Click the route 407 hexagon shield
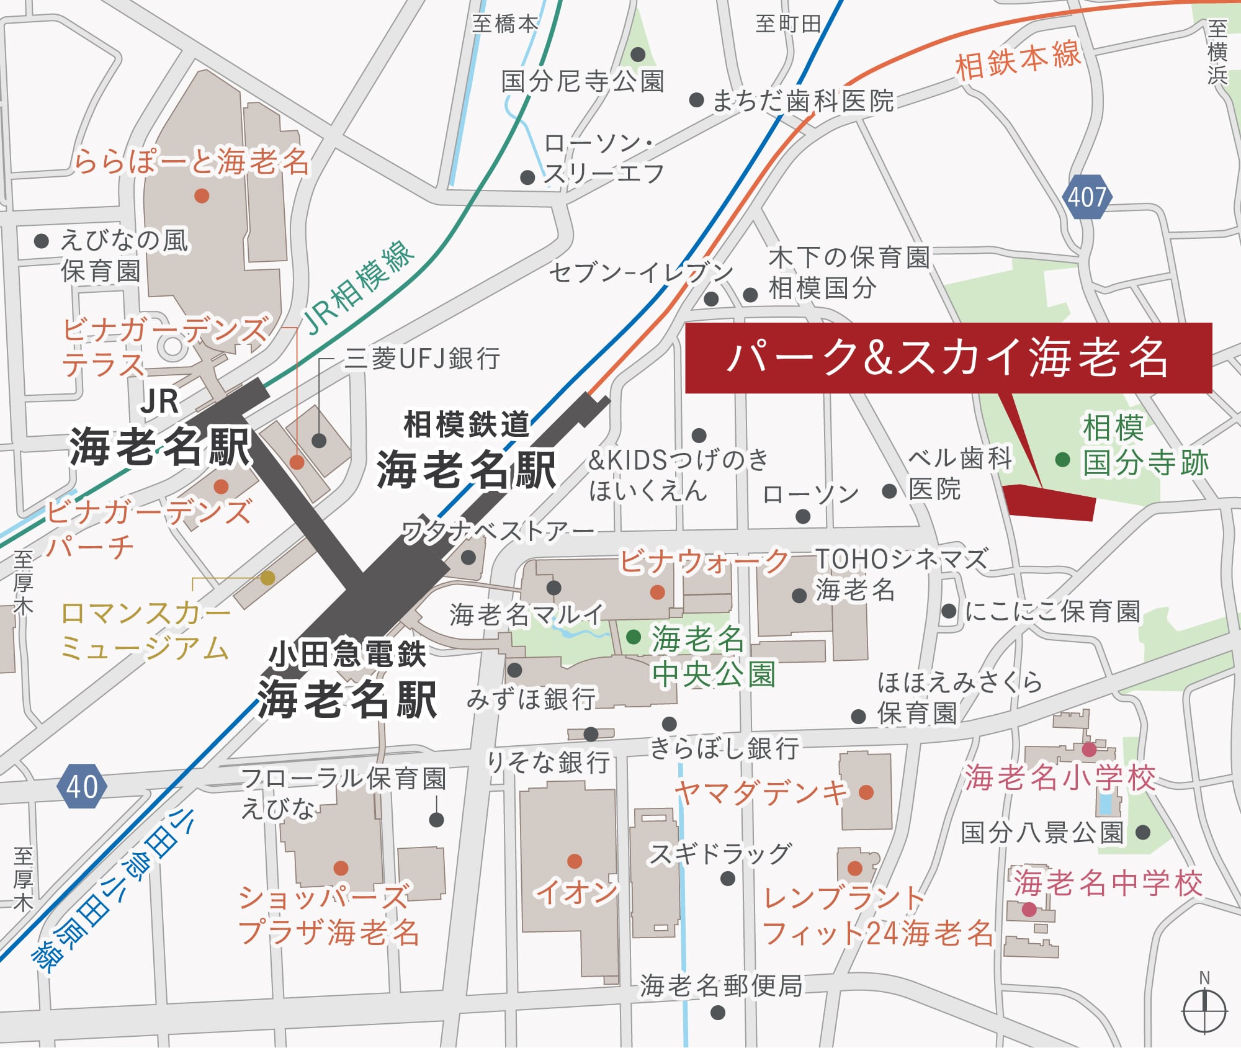click(x=1087, y=197)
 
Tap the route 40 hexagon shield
click(x=82, y=786)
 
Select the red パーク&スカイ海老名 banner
click(x=948, y=358)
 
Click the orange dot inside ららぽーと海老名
click(x=202, y=196)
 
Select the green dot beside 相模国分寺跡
click(x=1062, y=460)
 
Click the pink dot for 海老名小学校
click(x=1089, y=750)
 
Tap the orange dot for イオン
click(x=575, y=861)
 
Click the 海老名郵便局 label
click(x=721, y=985)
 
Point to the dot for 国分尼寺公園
click(x=638, y=55)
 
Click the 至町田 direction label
click(x=788, y=24)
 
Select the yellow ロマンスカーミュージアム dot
click(x=267, y=578)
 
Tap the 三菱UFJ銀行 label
click(x=423, y=359)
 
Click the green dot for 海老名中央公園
click(x=634, y=637)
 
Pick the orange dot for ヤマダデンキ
click(x=866, y=792)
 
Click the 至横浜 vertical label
click(x=1217, y=52)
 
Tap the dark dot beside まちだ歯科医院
click(x=696, y=100)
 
